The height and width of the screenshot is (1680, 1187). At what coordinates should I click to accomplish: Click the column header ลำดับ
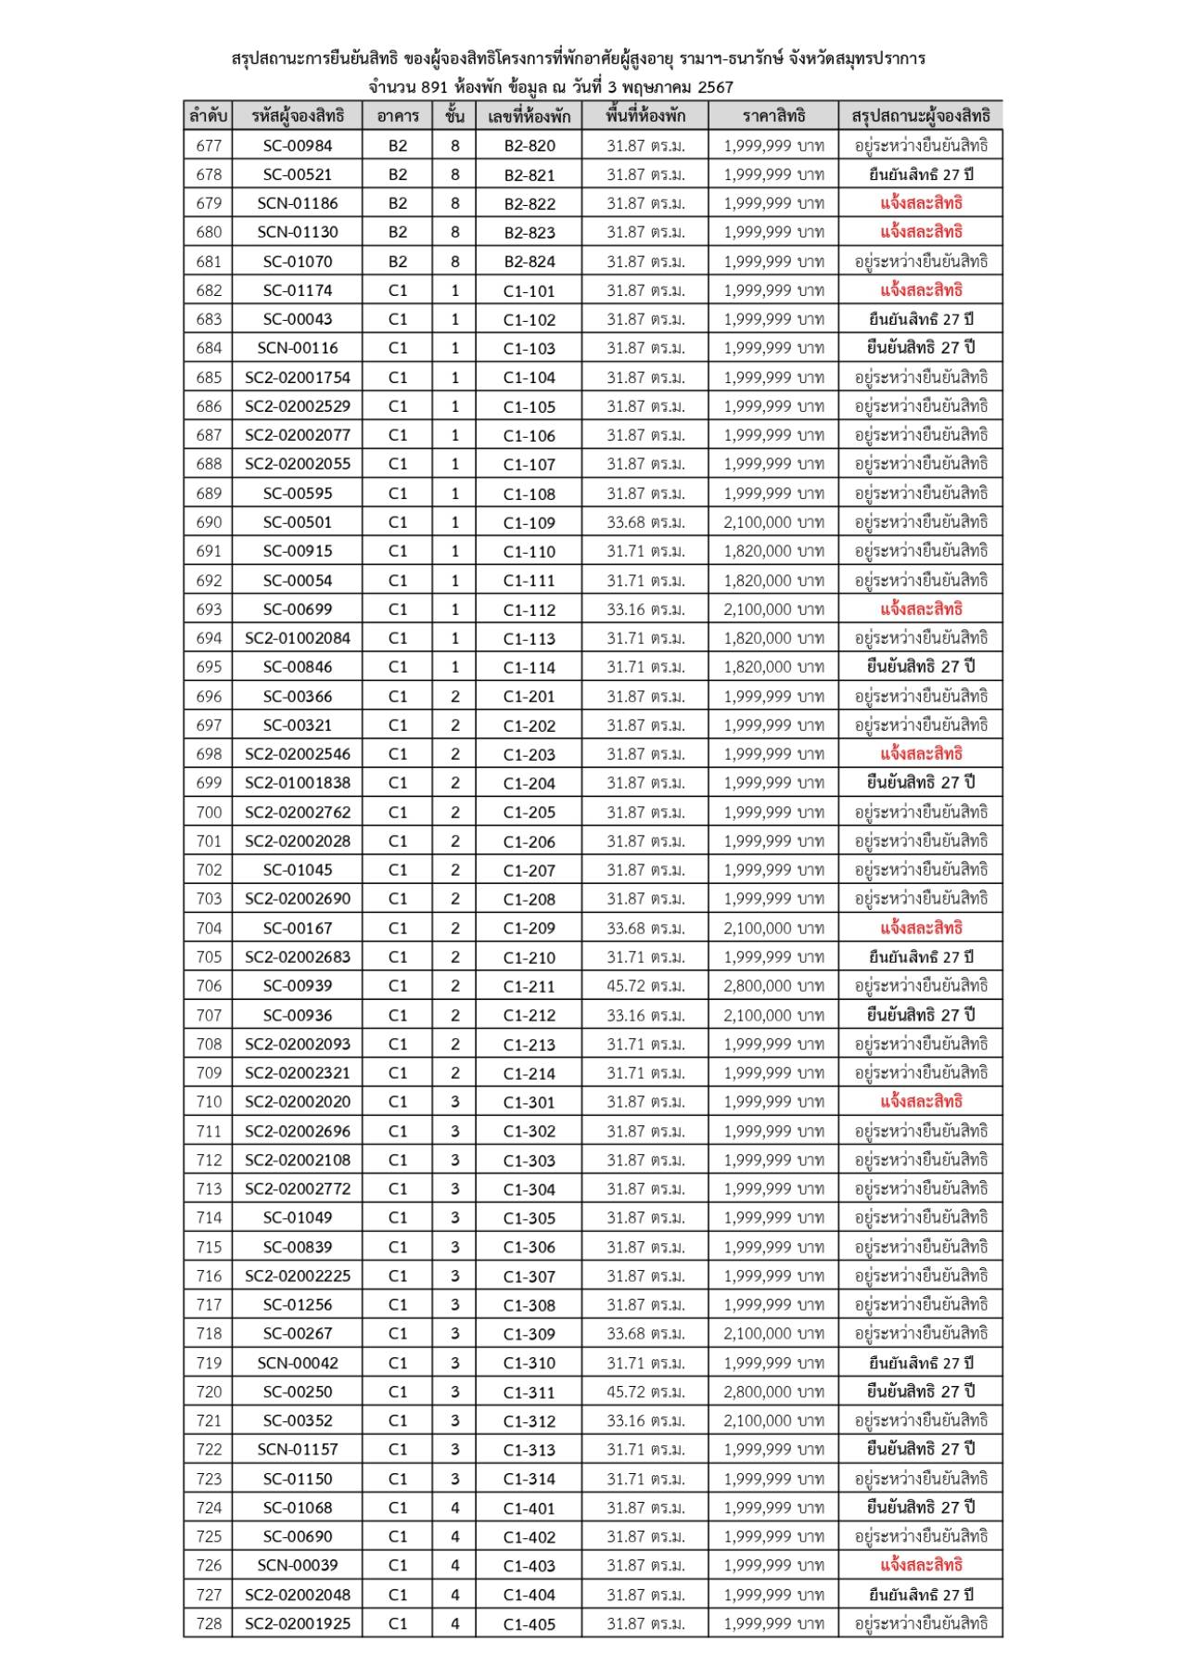point(209,116)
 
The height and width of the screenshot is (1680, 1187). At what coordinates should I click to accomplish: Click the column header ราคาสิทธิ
point(773,116)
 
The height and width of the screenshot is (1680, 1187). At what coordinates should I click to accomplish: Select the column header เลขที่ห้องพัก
point(529,116)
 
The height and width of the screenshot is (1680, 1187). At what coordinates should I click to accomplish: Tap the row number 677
point(209,146)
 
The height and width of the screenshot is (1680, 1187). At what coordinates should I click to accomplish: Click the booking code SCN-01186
point(298,203)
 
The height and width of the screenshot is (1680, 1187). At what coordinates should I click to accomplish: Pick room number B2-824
point(530,262)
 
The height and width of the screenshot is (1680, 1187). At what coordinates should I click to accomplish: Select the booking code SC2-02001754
point(298,378)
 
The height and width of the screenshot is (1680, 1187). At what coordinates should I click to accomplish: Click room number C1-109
point(530,522)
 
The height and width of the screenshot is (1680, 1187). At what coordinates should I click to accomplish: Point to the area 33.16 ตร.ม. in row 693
point(645,609)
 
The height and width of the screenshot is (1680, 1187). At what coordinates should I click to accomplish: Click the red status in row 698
point(921,754)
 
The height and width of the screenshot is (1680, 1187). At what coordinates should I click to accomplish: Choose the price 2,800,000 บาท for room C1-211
point(773,986)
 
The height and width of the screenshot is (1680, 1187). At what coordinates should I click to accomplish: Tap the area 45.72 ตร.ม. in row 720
point(645,1391)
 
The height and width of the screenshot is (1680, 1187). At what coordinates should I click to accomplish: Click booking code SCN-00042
point(298,1363)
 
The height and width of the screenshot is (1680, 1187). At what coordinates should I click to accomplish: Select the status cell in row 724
point(921,1507)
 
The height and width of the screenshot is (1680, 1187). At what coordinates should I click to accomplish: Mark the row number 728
point(209,1623)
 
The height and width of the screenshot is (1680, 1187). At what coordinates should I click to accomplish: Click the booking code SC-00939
point(298,986)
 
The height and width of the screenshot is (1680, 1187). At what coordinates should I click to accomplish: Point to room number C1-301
point(530,1102)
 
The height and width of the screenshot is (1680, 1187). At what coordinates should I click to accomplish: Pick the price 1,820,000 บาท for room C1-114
point(773,667)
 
